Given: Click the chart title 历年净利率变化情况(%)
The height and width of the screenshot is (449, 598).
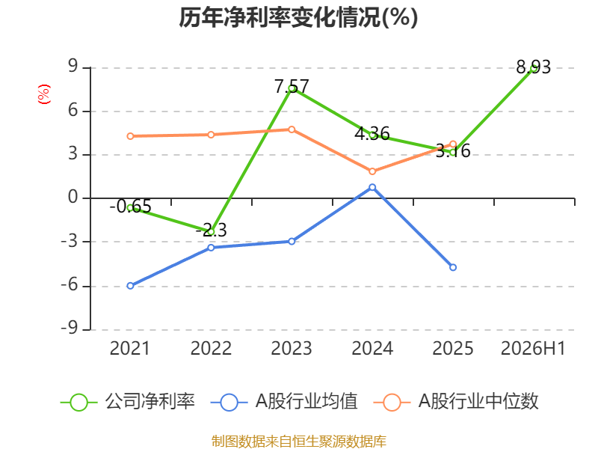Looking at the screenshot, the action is (298, 17).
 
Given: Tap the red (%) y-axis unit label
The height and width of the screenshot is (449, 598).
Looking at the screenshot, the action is (44, 94).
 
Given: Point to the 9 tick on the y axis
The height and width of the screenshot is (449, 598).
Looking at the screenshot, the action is (73, 67).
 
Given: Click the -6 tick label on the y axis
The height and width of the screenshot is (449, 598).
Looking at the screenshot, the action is (70, 285).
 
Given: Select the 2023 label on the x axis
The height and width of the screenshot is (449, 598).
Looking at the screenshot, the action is (292, 348).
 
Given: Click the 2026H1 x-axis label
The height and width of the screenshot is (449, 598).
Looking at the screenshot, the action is (533, 348).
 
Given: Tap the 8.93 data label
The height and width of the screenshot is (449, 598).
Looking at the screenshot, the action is (534, 67).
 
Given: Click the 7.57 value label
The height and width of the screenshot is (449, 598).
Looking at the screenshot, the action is (292, 86).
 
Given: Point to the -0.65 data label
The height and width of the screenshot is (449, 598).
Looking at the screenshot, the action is (130, 207).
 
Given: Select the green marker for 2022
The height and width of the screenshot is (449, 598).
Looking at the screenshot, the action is (211, 231).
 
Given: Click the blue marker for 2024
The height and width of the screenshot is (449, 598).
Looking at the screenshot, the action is (372, 187).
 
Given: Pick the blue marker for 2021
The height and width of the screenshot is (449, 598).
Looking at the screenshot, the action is (130, 286).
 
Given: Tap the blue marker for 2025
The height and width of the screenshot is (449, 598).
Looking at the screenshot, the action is (453, 267).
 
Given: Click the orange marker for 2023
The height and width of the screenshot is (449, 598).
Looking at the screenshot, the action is (292, 129).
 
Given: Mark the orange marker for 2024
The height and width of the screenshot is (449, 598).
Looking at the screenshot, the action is (372, 171).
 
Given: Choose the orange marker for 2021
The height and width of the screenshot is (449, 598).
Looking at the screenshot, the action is (130, 136).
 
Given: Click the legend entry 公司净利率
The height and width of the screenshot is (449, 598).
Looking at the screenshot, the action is (128, 402).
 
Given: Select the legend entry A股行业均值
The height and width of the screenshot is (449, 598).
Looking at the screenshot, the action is (284, 402).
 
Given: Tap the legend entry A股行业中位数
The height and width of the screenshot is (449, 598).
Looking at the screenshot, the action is (456, 402).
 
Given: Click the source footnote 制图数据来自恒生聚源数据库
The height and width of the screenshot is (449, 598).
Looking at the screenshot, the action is (298, 441).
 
